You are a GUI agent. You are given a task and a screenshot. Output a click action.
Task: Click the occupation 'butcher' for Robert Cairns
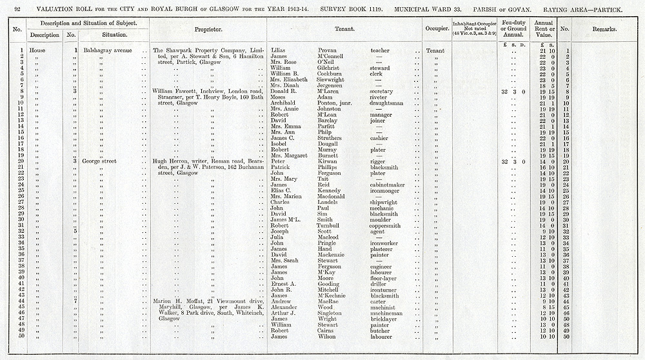coord(381,330)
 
